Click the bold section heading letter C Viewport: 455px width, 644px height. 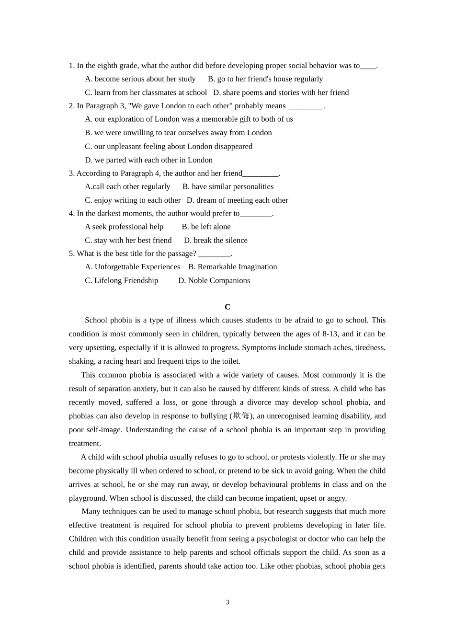(227, 307)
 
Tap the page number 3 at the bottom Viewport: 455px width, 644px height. (227, 602)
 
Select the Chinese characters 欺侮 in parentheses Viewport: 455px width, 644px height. (241, 416)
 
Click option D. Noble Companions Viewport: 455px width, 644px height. (214, 280)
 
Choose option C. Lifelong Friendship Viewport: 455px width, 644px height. (122, 280)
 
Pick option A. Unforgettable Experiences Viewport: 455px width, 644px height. (133, 267)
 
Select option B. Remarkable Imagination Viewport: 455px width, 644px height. (232, 267)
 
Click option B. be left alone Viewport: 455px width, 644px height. (206, 227)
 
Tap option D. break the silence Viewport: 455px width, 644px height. (216, 241)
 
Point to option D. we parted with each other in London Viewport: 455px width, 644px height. (148, 160)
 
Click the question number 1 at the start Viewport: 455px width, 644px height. (71, 66)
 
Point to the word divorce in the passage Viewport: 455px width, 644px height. (259, 402)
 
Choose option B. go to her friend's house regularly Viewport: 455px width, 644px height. (265, 79)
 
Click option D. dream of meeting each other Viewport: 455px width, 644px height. (238, 200)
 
